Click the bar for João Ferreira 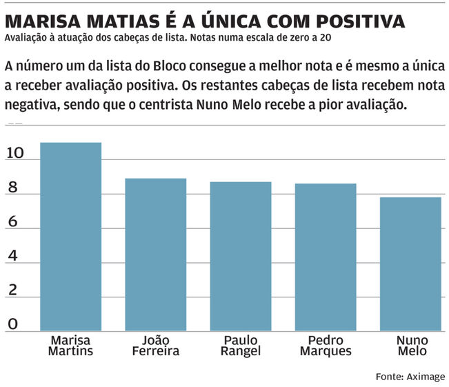[x=155, y=255]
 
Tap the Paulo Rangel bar [x=241, y=256]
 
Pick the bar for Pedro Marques [x=326, y=257]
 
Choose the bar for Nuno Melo [x=410, y=264]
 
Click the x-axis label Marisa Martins [x=71, y=346]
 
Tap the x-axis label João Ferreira [x=155, y=346]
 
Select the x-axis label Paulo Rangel [x=241, y=346]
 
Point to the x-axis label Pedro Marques [x=326, y=346]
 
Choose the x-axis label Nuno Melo [x=412, y=346]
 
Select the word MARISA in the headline [x=42, y=20]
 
